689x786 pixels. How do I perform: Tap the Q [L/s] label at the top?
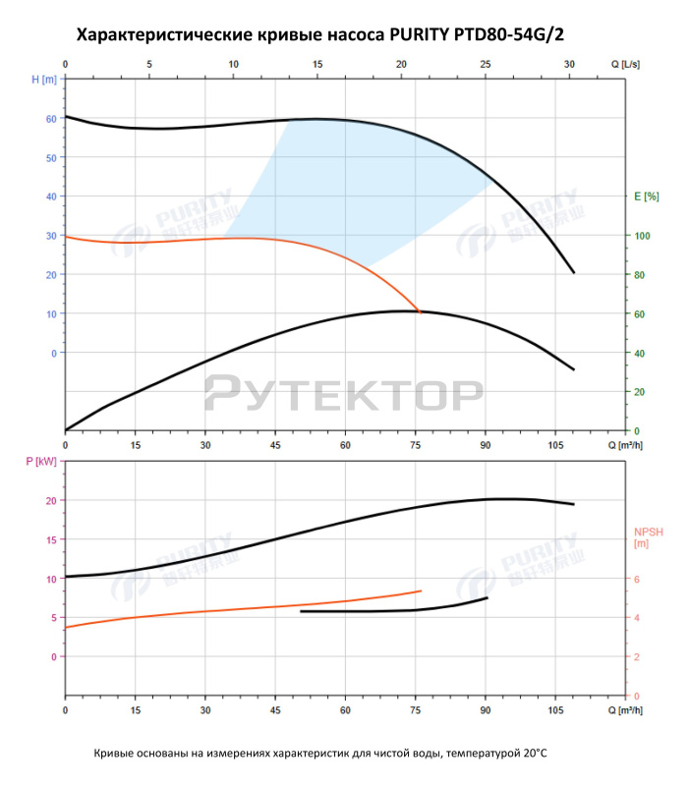(x=625, y=64)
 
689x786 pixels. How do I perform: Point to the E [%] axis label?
(x=646, y=196)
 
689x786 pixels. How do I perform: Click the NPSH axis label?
(x=648, y=536)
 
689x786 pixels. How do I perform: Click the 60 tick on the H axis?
(x=51, y=118)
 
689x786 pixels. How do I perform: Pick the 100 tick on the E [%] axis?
(x=641, y=236)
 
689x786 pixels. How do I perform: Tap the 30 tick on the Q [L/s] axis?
(x=570, y=65)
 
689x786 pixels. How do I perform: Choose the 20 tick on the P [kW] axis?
(x=51, y=500)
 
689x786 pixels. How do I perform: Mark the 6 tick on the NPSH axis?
(x=636, y=579)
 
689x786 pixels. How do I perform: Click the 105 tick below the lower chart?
(x=556, y=709)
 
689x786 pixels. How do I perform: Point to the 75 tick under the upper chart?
(x=416, y=444)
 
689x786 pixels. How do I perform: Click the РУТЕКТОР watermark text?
(x=343, y=393)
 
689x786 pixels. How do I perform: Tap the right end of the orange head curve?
(x=420, y=312)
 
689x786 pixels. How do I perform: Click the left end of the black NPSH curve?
(x=301, y=611)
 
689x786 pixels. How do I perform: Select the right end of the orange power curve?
(x=421, y=590)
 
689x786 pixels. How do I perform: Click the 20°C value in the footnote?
(x=532, y=753)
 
